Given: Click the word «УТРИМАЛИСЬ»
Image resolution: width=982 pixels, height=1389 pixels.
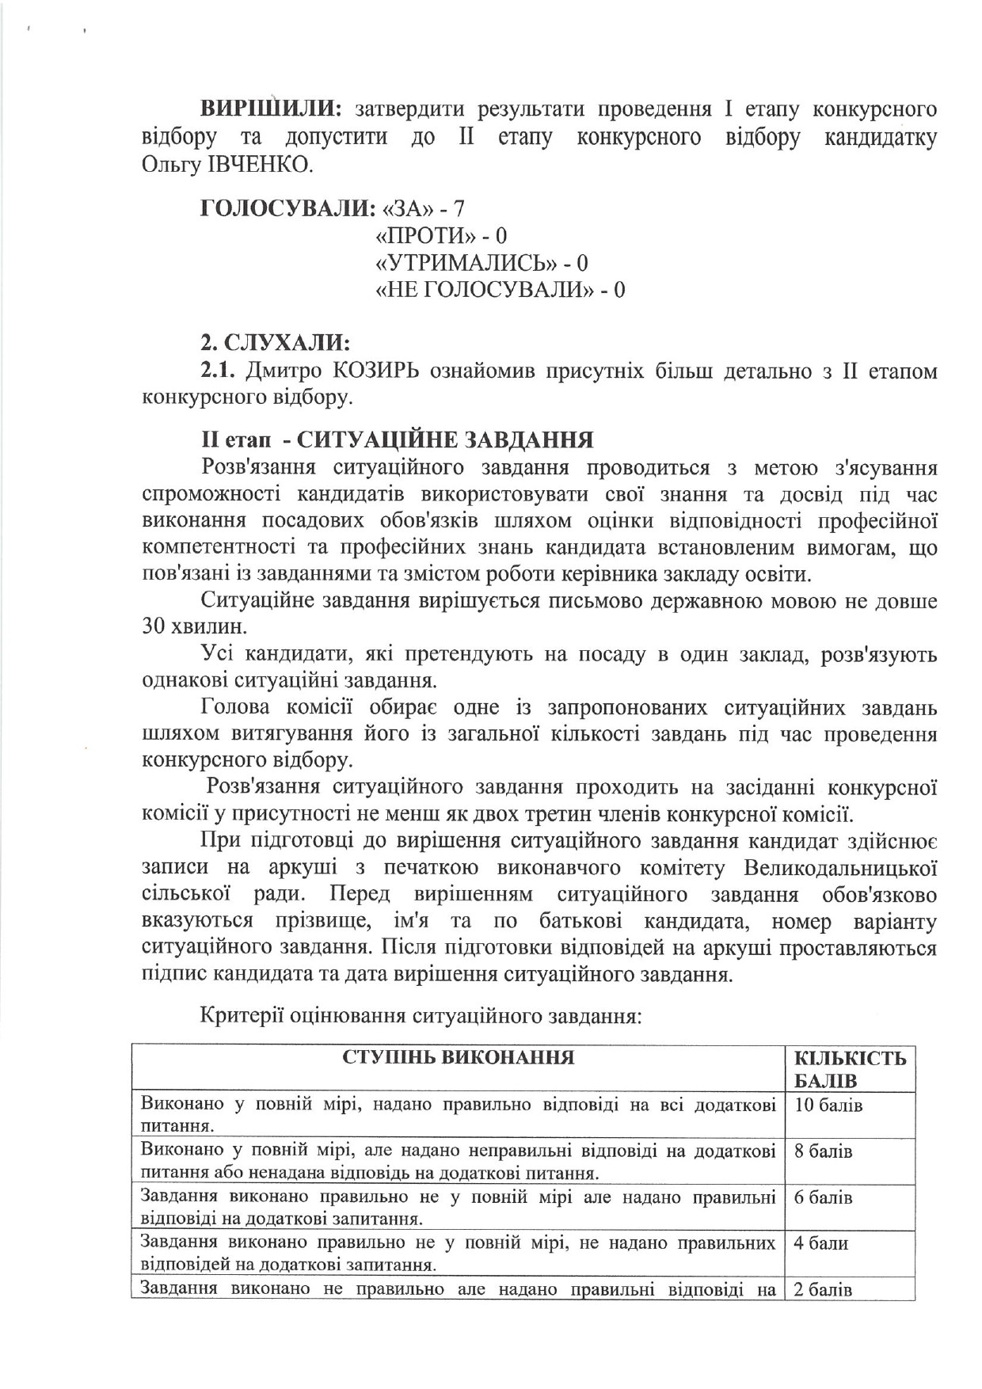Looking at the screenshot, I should [x=462, y=263].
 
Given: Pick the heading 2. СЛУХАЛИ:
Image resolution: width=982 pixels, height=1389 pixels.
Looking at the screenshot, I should [x=274, y=344].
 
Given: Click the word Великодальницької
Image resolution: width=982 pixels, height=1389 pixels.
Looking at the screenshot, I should [x=841, y=868].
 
